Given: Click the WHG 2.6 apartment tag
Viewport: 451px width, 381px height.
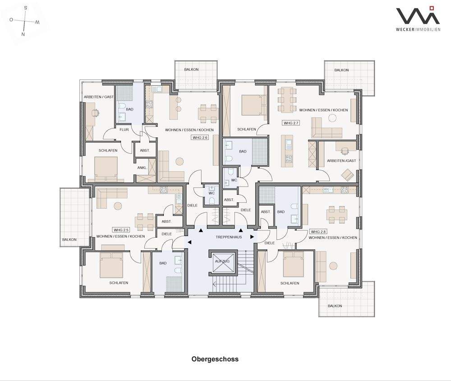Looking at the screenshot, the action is point(200,138).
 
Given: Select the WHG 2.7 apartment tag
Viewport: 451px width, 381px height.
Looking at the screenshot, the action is point(291,123).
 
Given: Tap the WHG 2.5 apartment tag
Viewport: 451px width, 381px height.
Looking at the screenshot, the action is point(121,230).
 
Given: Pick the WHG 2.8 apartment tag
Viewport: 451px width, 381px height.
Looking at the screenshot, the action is point(318,232).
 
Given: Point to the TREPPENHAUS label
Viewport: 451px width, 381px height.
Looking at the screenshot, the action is point(229,237).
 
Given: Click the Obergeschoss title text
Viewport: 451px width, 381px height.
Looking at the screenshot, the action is point(215,359).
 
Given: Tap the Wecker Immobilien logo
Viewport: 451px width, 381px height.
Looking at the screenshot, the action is point(418,18).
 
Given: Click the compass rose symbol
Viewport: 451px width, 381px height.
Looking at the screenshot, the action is point(24,21).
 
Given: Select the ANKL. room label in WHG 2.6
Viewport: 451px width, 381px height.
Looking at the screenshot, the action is point(142,168).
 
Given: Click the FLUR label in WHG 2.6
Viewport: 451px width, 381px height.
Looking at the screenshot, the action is point(124,130).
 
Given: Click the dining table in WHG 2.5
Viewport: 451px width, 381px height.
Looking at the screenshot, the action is point(145,222).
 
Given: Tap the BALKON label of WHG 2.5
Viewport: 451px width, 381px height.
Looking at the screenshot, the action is point(69,239).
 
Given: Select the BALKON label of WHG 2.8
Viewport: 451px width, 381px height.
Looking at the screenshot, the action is point(335,306).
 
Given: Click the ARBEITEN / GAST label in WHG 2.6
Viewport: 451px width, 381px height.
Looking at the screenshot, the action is point(99,97).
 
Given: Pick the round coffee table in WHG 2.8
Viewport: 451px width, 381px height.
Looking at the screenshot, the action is point(334,266).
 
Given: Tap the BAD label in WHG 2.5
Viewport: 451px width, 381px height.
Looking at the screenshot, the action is point(163,263).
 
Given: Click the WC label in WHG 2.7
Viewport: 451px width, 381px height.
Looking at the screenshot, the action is point(234,180).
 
